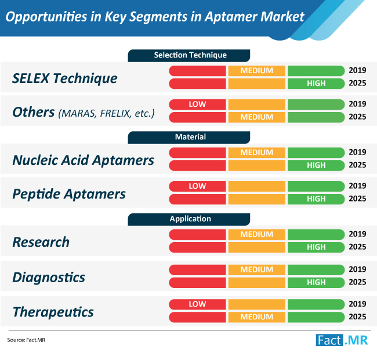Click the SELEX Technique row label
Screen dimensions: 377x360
(x=65, y=78)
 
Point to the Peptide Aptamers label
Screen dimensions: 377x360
(x=69, y=194)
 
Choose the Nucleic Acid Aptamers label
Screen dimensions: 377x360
(x=83, y=160)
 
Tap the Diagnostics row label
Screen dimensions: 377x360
(x=49, y=278)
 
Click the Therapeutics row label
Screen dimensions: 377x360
(x=53, y=312)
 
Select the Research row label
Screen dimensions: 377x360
(x=41, y=242)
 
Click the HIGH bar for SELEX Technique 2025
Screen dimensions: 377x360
(x=316, y=84)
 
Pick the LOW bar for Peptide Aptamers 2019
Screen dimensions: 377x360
(x=197, y=186)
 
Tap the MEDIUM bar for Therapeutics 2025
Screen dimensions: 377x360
(x=257, y=317)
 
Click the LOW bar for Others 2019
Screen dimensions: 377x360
(x=197, y=105)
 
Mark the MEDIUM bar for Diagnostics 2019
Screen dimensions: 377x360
(x=257, y=270)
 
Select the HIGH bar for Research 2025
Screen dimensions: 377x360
(x=316, y=247)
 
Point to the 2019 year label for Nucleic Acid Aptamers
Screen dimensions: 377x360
(x=357, y=152)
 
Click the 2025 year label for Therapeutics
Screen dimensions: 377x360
(x=357, y=316)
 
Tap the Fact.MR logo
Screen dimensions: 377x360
(x=342, y=340)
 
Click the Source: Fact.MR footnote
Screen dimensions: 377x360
(x=26, y=340)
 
